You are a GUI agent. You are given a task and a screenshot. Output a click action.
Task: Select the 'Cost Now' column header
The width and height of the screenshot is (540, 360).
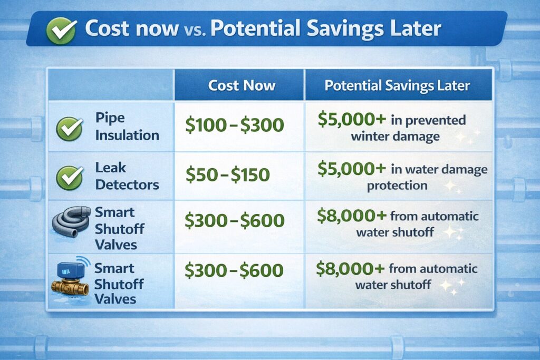click(x=242, y=85)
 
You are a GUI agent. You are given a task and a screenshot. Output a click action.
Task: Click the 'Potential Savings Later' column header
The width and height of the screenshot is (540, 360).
click(x=397, y=85)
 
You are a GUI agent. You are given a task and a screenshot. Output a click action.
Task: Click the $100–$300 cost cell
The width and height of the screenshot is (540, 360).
click(x=235, y=125)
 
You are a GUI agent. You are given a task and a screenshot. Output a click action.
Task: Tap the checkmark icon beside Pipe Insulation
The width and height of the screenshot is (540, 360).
click(x=70, y=128)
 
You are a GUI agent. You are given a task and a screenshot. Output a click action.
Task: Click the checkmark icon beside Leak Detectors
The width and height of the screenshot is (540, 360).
click(x=70, y=178)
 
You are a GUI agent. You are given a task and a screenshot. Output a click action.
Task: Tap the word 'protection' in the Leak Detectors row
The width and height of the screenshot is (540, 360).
click(x=397, y=186)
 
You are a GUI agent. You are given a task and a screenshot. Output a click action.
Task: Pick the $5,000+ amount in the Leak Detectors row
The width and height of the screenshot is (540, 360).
click(x=345, y=169)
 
